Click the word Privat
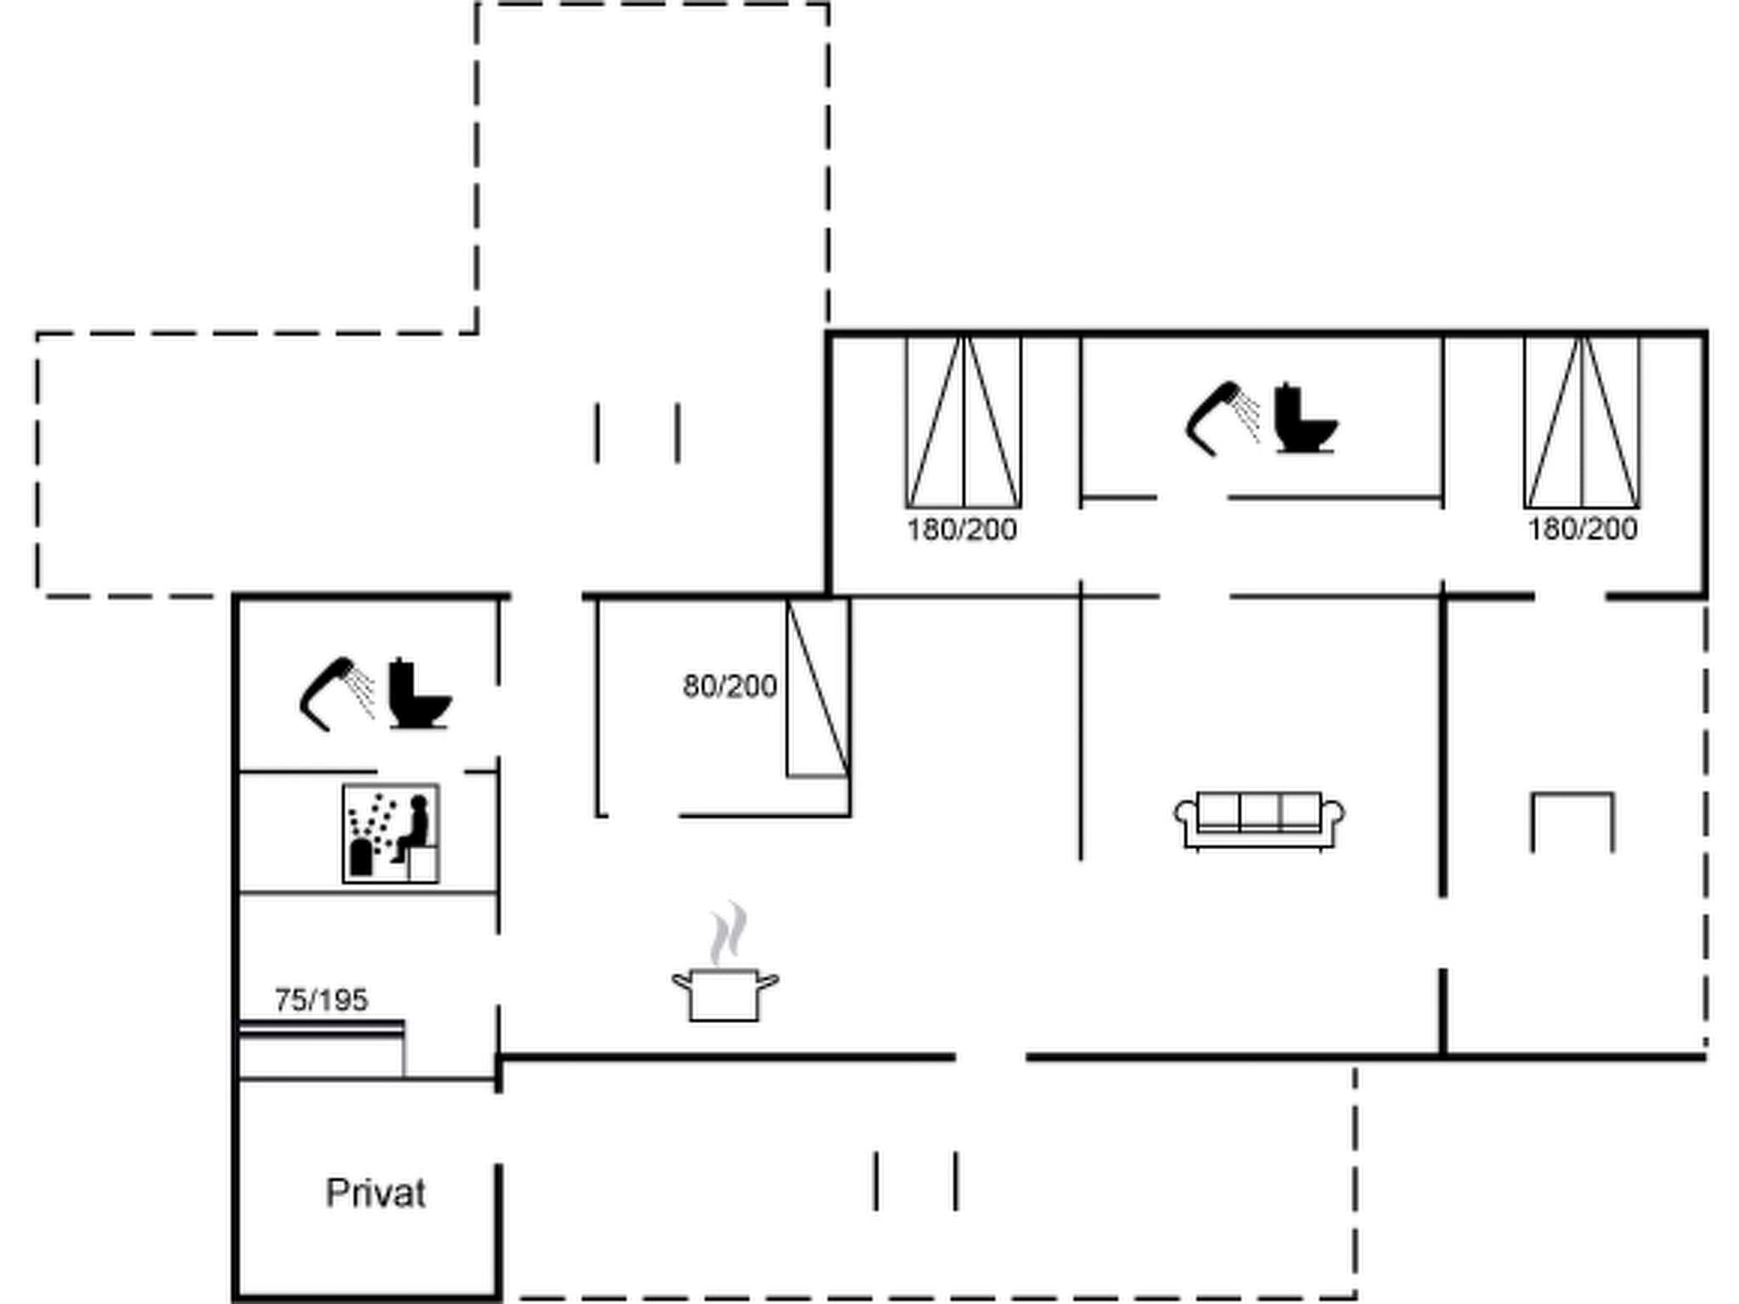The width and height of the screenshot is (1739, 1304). (375, 1193)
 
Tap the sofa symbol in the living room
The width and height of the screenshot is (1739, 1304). (1259, 819)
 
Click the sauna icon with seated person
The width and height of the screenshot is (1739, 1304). (391, 834)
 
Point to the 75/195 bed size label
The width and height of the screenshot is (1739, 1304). (321, 1000)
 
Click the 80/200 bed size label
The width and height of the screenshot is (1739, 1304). (729, 686)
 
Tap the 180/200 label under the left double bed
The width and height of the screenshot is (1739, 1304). (961, 530)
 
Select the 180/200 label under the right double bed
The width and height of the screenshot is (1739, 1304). (1582, 529)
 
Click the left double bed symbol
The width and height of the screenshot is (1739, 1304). (963, 422)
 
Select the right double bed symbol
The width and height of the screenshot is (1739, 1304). (1582, 422)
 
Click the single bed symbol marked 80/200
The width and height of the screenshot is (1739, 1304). (817, 688)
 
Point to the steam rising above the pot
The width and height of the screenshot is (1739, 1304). (729, 934)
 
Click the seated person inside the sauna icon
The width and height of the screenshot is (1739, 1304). (412, 828)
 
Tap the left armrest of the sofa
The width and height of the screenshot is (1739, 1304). (1185, 815)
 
